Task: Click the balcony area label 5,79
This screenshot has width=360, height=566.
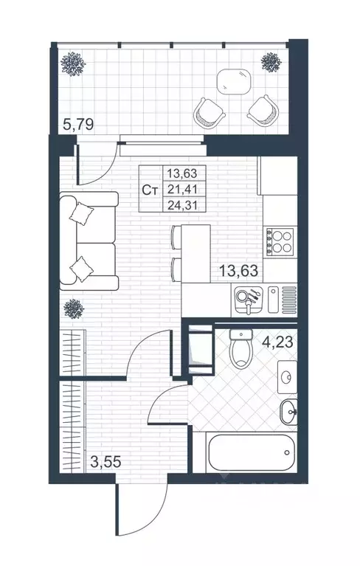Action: pos(78,125)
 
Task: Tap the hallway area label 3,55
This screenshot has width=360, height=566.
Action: pos(105,462)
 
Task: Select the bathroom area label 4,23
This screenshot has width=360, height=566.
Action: pos(277,342)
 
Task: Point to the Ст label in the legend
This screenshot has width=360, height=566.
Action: pos(150,190)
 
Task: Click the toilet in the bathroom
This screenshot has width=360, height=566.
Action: pos(240,348)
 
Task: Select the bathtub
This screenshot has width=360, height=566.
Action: pos(251,452)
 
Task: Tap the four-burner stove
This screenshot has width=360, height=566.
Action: pos(280,242)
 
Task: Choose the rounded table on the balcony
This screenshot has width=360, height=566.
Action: pos(234,81)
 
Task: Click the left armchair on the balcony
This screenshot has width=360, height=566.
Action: pos(210,112)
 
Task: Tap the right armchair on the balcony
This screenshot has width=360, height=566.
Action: pos(263,111)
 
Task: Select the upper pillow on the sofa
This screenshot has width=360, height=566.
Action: pos(81,213)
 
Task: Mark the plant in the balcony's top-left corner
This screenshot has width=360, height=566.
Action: pos(73,64)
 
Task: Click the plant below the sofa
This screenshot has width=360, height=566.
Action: pos(74,308)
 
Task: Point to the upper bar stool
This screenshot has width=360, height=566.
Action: pos(177,237)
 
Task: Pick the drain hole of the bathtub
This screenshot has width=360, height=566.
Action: pos(286,452)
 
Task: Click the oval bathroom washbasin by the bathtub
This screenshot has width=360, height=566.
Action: pos(289,412)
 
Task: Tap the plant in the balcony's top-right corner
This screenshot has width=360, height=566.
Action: pos(271,62)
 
